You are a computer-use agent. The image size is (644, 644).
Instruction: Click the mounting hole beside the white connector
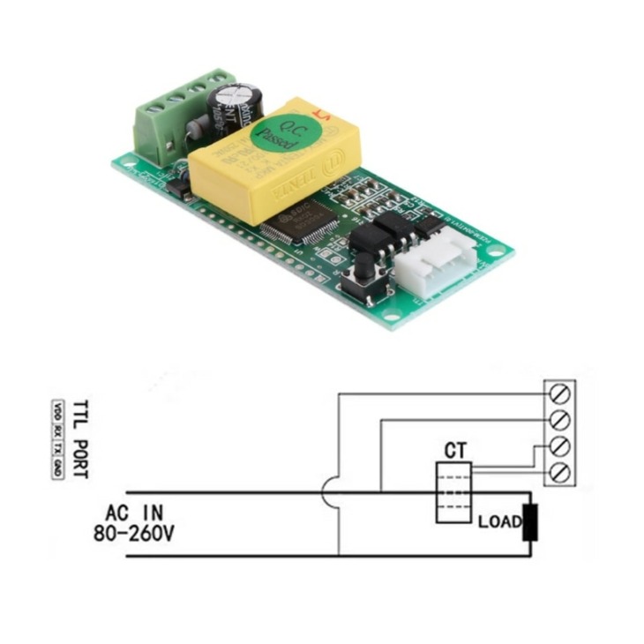click(x=495, y=255)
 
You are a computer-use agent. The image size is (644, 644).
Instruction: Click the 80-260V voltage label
click(x=132, y=533)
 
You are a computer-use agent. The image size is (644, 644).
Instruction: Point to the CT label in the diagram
click(x=455, y=451)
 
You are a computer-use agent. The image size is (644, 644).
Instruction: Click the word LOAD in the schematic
click(x=499, y=521)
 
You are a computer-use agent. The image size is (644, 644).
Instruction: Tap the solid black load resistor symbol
click(x=530, y=522)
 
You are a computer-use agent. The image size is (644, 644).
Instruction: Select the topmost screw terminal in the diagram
click(x=558, y=389)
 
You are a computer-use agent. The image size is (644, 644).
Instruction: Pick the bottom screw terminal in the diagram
click(x=558, y=474)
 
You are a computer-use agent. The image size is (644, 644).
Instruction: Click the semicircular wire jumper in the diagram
click(x=331, y=492)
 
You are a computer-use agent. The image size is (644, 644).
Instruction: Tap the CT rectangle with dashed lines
click(x=454, y=491)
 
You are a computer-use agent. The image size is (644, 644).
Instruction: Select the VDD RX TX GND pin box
click(x=57, y=438)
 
